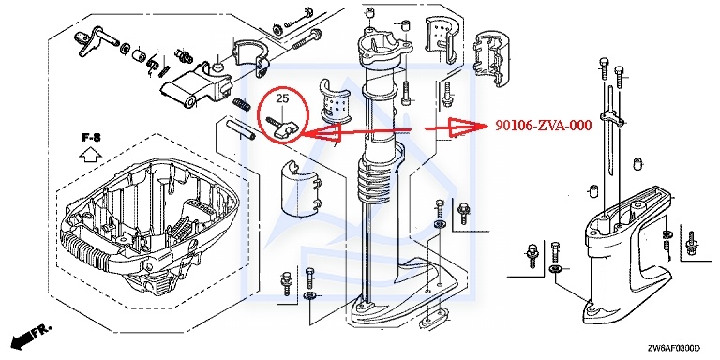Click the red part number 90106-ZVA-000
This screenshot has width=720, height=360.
[543, 126]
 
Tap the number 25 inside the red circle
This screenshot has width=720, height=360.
[282, 97]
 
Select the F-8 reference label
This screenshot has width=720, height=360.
[91, 137]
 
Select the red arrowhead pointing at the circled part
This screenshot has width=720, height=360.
[322, 132]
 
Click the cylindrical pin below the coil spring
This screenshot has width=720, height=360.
[241, 130]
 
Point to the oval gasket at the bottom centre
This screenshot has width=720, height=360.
[432, 319]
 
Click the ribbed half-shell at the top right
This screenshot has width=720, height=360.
[491, 58]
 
